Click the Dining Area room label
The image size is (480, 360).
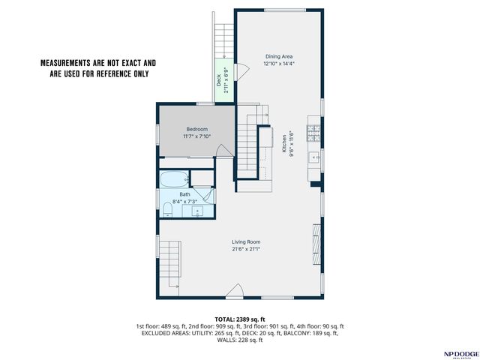pos(278,57)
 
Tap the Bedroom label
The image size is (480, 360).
pos(196,129)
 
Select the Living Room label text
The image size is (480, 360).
pos(246,242)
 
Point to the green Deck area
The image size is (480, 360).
pos(224,80)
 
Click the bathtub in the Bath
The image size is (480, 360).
pos(174,179)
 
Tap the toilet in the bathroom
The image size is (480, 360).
pos(167,210)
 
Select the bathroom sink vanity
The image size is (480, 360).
pos(197,211)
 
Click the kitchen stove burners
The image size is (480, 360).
pos(313,133)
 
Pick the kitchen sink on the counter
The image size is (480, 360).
pos(314,157)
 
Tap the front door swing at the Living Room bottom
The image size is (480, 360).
pos(235,290)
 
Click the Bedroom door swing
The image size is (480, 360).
pos(223,151)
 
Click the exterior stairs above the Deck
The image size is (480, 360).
pos(224,40)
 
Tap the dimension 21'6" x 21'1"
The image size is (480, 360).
pos(246,249)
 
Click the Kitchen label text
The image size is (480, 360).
pos(284,143)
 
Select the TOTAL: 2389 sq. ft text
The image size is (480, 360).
pos(240,320)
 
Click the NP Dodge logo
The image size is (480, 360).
pos(461,355)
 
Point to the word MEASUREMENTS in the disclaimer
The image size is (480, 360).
pos(64,63)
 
